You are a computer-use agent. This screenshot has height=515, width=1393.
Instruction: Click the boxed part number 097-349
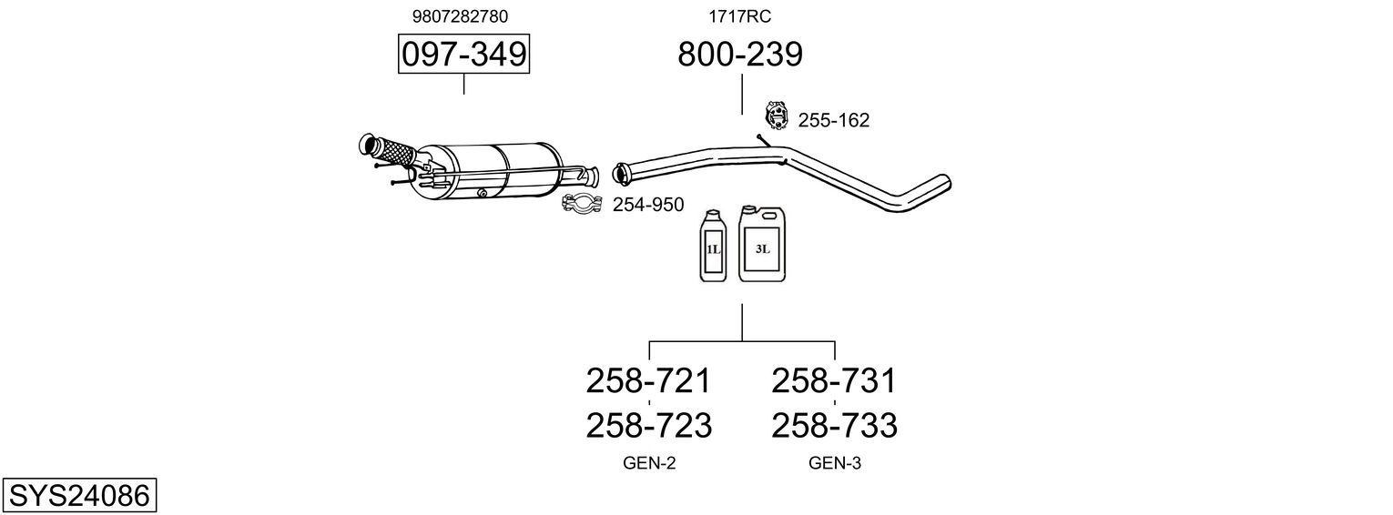coord(464,55)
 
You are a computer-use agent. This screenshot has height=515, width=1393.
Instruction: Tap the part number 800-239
coord(740,55)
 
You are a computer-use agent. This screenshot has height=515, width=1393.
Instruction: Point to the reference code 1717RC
coord(740,16)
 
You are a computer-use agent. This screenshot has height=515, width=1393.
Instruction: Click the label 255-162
coord(833,120)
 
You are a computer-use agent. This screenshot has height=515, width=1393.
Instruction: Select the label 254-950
coord(647,205)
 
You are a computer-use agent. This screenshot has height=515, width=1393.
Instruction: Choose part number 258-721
coord(647,380)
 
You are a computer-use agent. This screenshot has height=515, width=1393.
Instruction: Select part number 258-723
coord(647,425)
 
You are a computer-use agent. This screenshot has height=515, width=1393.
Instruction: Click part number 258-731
coord(834,380)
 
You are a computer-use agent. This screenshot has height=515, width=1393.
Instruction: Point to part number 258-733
coord(834,425)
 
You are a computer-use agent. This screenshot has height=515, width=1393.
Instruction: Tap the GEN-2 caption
coord(649,463)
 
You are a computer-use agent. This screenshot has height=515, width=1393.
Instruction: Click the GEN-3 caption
coord(835,463)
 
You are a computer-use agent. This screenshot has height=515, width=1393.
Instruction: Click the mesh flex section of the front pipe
coord(392,151)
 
